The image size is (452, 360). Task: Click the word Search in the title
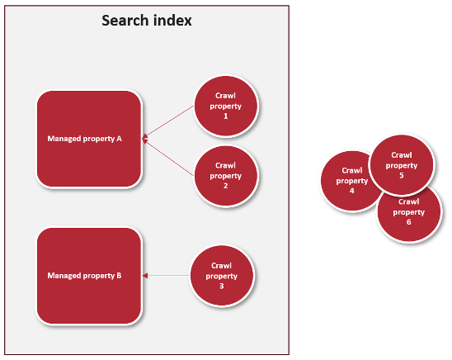125,21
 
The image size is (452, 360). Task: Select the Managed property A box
89,139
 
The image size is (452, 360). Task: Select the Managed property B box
89,276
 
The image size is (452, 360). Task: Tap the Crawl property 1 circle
226,106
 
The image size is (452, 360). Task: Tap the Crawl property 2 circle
226,175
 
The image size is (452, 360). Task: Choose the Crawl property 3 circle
222,276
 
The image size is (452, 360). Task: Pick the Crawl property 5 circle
402,165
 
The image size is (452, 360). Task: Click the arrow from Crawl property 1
168,122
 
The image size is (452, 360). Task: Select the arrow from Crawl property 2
168,158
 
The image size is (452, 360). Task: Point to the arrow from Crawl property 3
167,276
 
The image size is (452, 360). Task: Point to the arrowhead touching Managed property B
145,276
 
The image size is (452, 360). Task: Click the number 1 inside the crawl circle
226,116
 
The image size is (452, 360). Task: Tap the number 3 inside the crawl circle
221,286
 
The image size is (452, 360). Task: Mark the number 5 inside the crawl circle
402,175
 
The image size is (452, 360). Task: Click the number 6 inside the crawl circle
409,222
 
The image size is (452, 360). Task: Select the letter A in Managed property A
119,139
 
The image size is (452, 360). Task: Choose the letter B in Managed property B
119,276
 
